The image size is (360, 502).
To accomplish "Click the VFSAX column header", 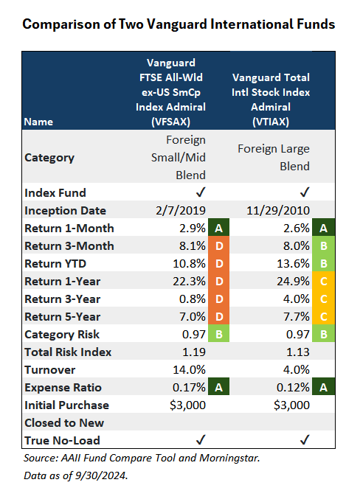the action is tap(170, 92).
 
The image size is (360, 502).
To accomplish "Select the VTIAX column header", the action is tap(271, 100).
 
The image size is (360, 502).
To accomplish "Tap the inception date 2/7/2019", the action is tap(181, 210).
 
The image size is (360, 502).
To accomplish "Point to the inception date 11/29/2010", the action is tap(278, 210).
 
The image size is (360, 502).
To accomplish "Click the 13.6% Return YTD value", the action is tap(293, 263).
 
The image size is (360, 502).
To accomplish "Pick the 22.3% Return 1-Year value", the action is tap(189, 281).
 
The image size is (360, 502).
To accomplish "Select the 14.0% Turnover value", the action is tap(189, 370).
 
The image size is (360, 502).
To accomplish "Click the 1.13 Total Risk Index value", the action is tap(297, 352).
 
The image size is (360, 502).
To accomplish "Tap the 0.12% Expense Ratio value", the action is tap(293, 388).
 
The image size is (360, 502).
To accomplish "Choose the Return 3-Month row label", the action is tap(69, 246).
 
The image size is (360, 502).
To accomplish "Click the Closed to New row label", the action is tap(64, 423).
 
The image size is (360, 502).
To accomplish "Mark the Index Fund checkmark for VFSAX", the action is tap(201, 192).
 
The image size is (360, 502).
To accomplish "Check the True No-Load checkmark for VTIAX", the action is tap(305, 439).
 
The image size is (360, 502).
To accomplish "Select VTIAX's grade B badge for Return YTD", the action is tap(324, 263).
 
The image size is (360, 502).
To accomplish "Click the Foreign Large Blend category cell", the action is tap(274, 158).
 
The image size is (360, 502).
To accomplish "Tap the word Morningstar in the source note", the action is tap(229, 458).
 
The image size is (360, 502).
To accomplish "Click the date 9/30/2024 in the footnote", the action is tap(101, 475).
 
